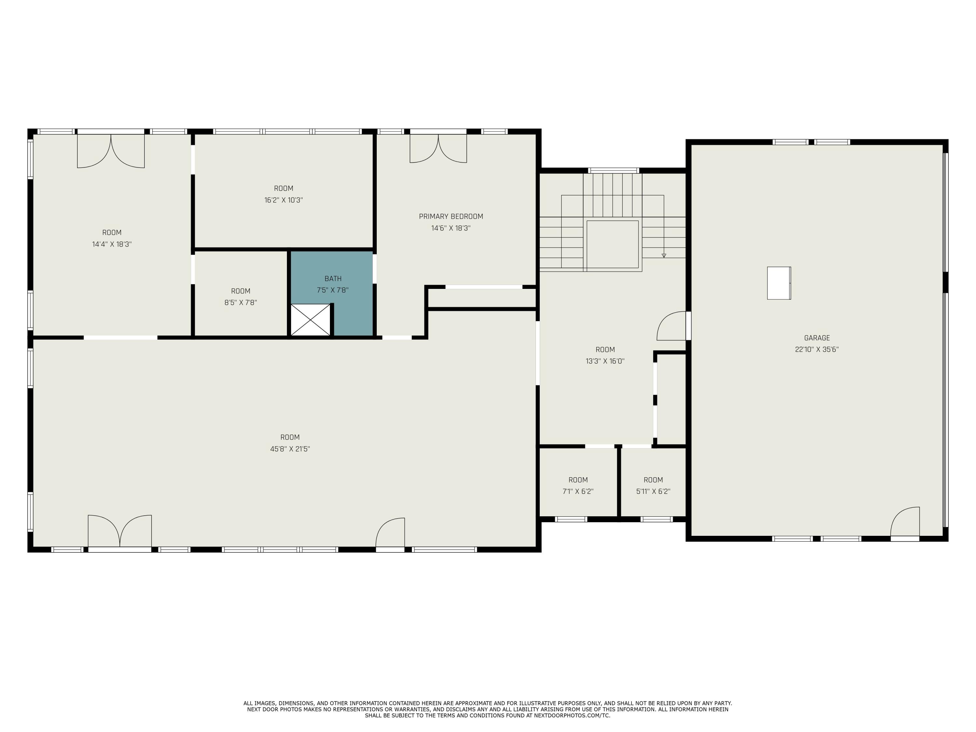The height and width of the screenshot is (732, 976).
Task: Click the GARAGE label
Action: point(817,338)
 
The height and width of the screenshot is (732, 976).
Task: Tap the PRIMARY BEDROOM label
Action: point(451,216)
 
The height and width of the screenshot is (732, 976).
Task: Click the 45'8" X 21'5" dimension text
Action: point(290,449)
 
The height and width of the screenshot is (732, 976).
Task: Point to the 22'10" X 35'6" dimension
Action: point(817,349)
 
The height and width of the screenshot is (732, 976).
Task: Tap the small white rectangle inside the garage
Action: point(779,283)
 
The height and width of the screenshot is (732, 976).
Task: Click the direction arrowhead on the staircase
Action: point(664,255)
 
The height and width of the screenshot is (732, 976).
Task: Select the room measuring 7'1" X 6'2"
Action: point(578,482)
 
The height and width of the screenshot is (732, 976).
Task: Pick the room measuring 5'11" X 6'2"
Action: point(653,482)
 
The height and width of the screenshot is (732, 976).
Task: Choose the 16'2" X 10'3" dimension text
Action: point(283,200)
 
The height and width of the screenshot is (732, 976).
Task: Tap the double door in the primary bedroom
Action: point(438,148)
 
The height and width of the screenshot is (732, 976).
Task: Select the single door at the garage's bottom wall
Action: point(905,524)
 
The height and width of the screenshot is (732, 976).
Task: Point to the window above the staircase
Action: point(613,170)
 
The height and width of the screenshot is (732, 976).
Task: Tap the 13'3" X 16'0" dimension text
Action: point(605,361)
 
